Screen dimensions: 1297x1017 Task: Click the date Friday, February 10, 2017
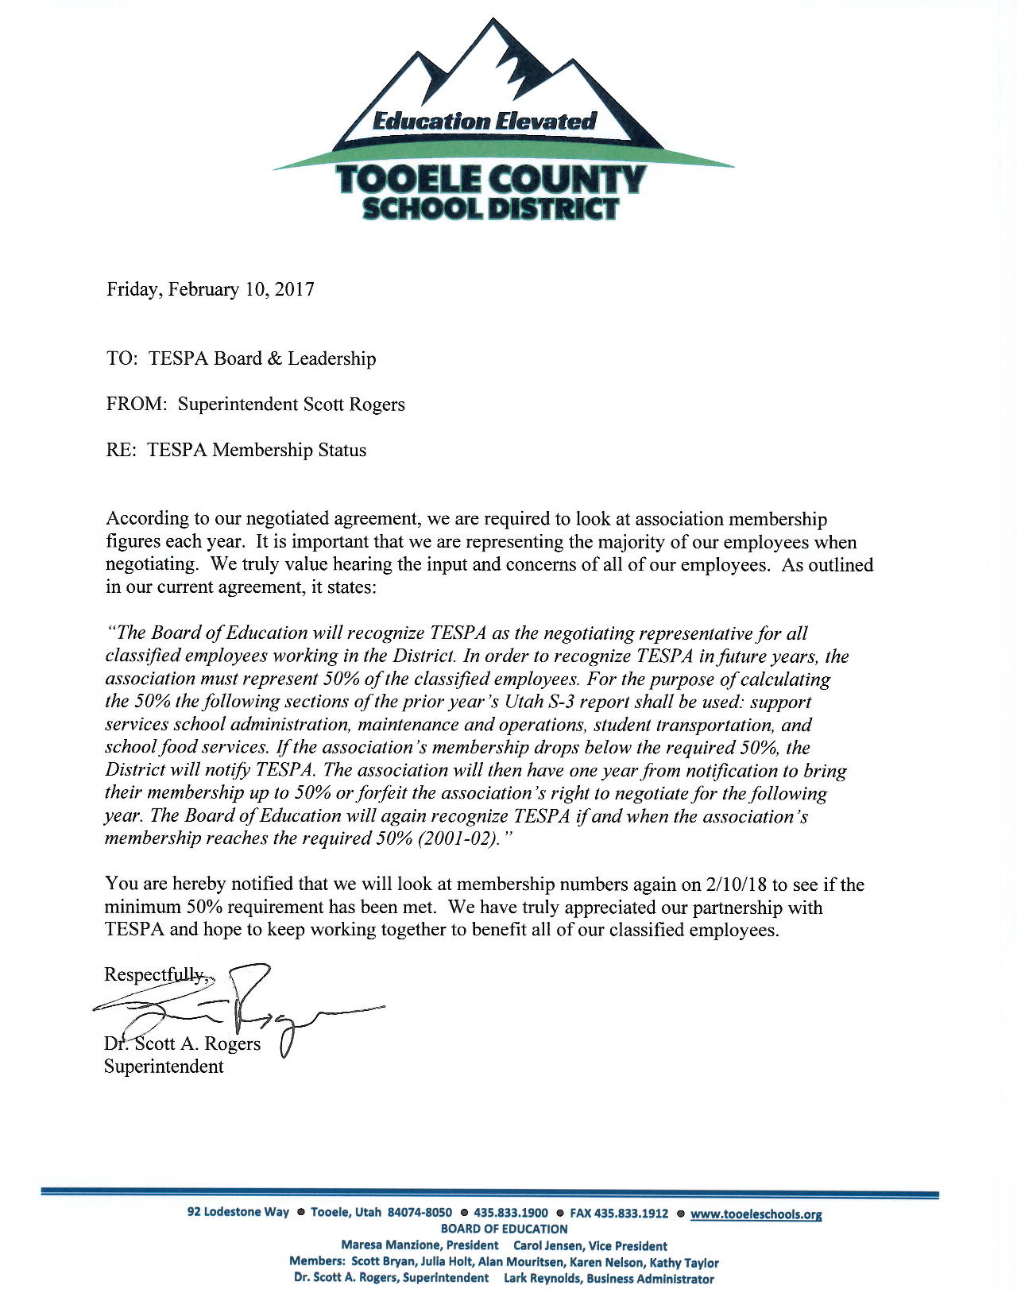(211, 289)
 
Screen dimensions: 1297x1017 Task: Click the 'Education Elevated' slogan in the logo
(484, 122)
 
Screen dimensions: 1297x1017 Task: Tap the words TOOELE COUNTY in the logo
(490, 180)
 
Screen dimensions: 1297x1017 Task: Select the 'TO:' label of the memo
(122, 358)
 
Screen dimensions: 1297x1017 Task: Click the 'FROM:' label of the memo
(137, 405)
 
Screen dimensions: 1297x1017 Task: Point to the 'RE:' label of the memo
(122, 451)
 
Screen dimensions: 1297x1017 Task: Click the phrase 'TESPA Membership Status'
(257, 451)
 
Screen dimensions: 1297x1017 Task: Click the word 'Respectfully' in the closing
(155, 974)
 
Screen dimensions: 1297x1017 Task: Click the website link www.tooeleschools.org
(756, 1214)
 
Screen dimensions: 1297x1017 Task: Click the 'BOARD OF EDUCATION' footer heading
(504, 1229)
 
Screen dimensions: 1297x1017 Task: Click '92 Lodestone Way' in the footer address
(238, 1212)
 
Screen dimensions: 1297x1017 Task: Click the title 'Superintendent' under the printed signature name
(164, 1067)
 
